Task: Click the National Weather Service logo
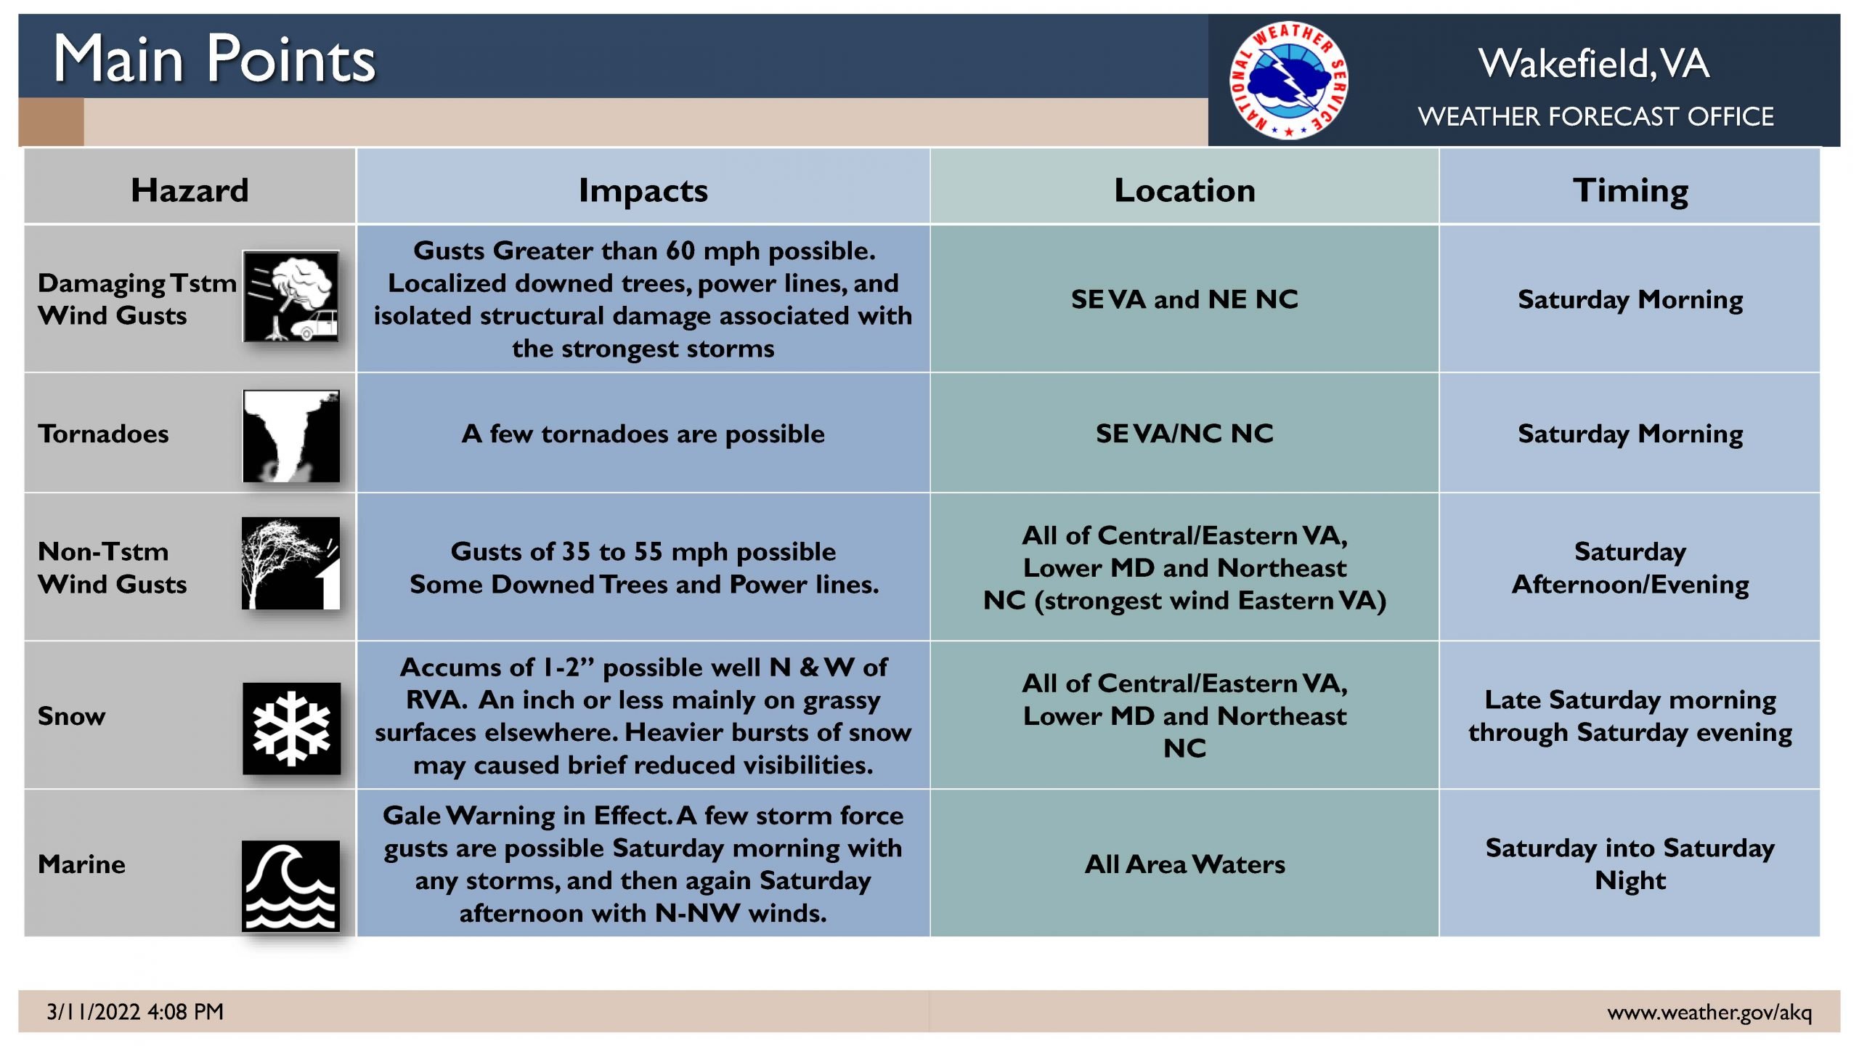[x=1289, y=80]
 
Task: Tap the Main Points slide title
[x=214, y=59]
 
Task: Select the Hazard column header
[x=190, y=190]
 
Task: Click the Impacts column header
[x=643, y=190]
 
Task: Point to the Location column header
[x=1184, y=190]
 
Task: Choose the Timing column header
[x=1630, y=191]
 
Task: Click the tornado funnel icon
[x=291, y=436]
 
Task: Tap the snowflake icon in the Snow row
[x=291, y=729]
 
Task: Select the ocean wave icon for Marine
[x=290, y=886]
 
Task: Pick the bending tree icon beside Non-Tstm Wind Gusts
[x=290, y=563]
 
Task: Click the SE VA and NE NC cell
[x=1184, y=299]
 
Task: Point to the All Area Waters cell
[x=1184, y=864]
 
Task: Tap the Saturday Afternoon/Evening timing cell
[x=1630, y=567]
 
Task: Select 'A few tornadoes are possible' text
[x=643, y=434]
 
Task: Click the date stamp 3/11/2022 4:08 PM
[x=135, y=1012]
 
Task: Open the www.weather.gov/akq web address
[x=1709, y=1013]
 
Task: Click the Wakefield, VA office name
[x=1594, y=63]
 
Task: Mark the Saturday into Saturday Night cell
[x=1630, y=864]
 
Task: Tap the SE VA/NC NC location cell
[x=1184, y=434]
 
